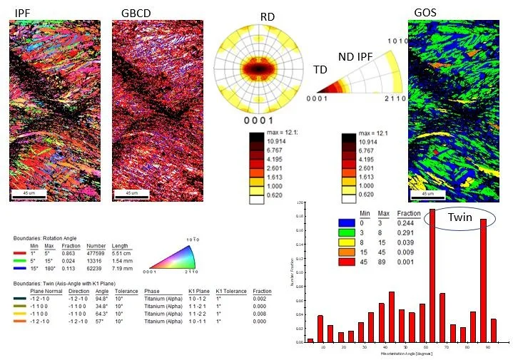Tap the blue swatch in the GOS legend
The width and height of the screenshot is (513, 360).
pyautogui.click(x=347, y=222)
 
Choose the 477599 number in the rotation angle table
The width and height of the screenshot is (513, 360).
pyautogui.click(x=90, y=254)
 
